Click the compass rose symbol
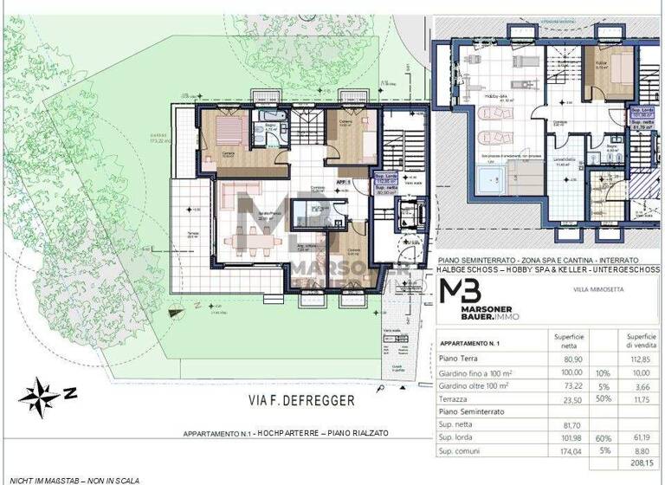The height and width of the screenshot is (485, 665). coord(39,396)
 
